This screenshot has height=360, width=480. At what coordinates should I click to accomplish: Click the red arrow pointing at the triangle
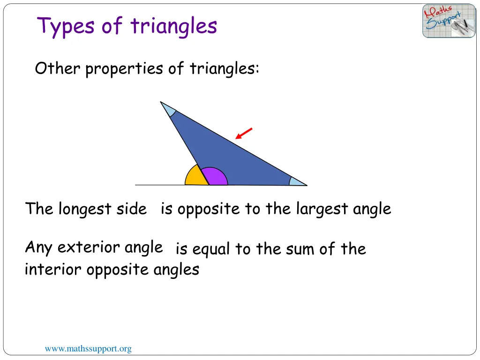point(244,134)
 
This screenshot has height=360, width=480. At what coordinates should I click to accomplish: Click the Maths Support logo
point(449,21)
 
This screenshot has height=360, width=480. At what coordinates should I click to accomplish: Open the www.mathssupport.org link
point(88,349)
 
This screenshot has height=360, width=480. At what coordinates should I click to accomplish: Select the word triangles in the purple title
point(174,26)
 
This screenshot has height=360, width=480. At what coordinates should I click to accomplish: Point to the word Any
point(39,247)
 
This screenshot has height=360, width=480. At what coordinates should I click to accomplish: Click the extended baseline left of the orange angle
point(159,185)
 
